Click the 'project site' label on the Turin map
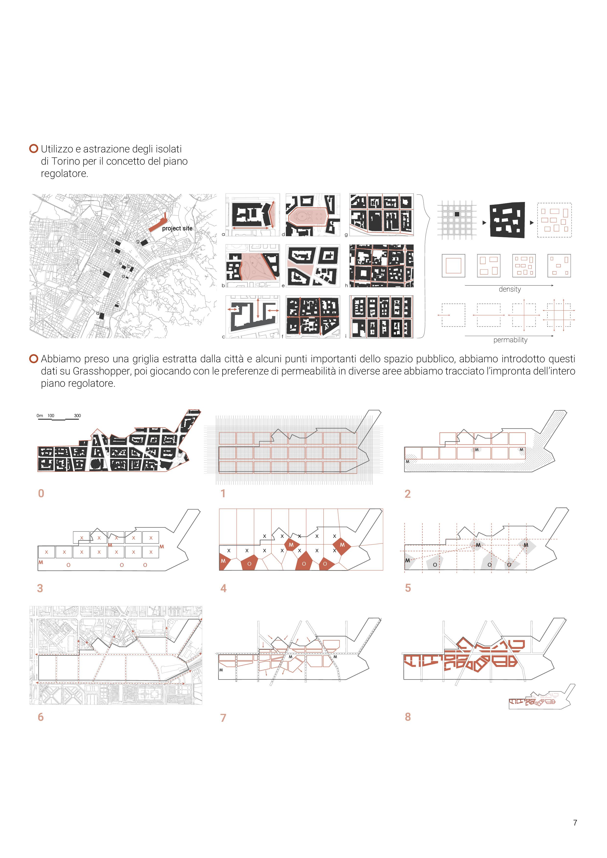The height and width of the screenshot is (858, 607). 177,228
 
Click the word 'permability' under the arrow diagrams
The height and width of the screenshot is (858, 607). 510,340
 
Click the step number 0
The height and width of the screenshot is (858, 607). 41,493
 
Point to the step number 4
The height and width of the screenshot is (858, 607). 223,588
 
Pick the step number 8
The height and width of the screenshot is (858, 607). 408,717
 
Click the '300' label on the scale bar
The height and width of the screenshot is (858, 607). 77,416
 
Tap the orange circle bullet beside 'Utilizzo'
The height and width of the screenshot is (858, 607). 34,148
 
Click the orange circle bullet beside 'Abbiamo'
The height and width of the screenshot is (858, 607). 34,359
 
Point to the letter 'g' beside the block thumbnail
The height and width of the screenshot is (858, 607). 346,235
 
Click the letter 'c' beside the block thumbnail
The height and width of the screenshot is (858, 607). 223,337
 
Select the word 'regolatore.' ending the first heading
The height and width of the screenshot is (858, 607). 64,174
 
